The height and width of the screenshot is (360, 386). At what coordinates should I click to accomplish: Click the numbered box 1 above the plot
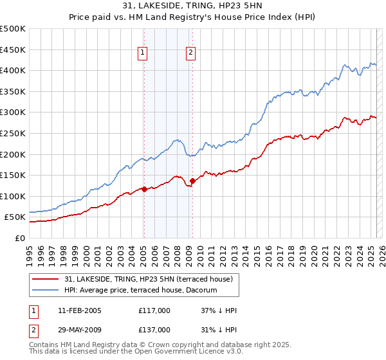[x=142, y=53]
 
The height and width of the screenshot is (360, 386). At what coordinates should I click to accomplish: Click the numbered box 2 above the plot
[x=192, y=53]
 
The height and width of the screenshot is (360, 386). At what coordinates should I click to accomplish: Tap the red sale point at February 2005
[x=143, y=189]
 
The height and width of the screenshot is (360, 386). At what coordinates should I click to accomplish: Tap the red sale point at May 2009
[x=192, y=181]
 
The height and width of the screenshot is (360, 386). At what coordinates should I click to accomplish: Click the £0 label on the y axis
[x=20, y=238]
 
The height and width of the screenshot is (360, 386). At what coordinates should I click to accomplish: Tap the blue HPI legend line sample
[x=46, y=290]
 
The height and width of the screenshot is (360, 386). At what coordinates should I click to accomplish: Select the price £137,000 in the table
[x=154, y=330]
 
